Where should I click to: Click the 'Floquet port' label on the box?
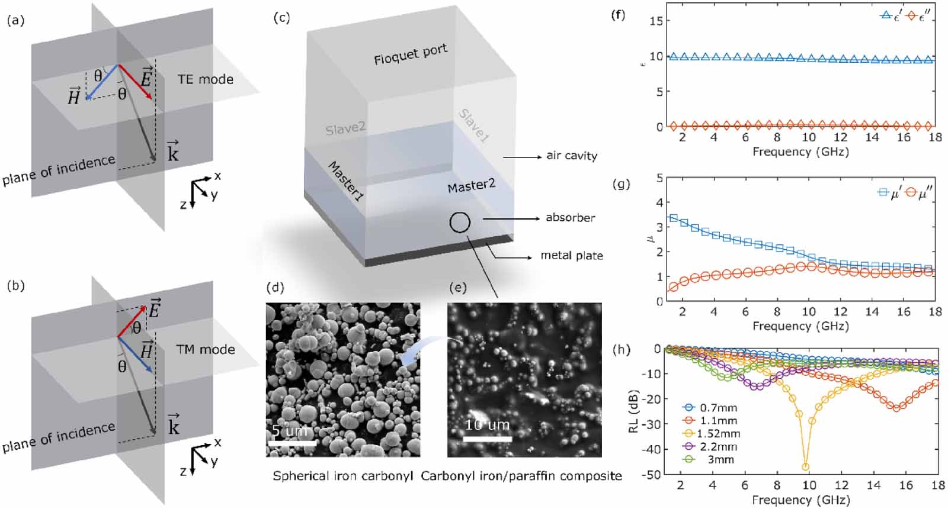coord(410,54)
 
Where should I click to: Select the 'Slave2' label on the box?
coord(345,128)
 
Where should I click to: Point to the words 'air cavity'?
coord(571,156)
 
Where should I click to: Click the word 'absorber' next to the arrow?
coord(570,217)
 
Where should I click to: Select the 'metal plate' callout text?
coord(571,256)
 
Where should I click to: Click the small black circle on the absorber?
coord(460,223)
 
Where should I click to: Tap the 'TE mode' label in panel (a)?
coord(205,79)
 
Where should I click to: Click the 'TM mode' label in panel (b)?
coord(205,349)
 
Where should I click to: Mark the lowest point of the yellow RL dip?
coord(805,467)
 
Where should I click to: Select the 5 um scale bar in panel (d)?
coord(292,442)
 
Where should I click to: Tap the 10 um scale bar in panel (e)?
coord(487,439)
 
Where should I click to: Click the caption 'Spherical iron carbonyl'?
coord(342,476)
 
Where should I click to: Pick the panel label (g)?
coord(621,184)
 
